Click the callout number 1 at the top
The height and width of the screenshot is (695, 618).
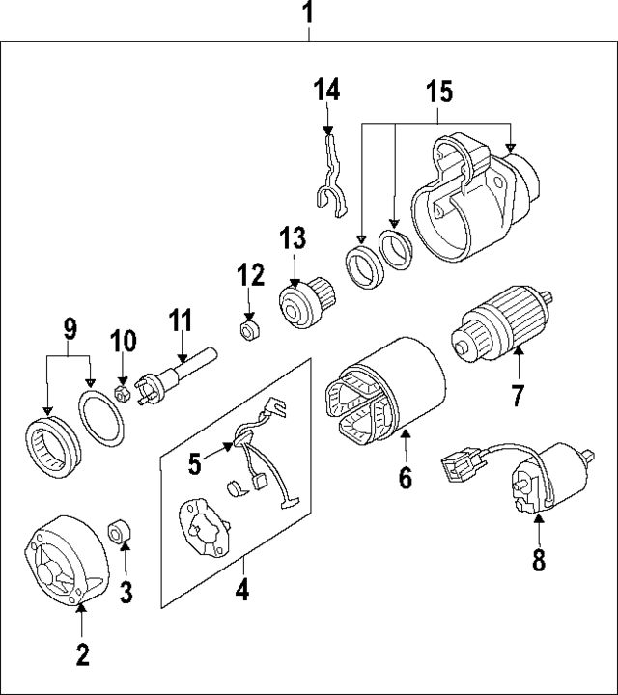(309, 14)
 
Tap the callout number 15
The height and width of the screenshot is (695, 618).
(439, 94)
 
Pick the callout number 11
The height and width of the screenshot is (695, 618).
(182, 321)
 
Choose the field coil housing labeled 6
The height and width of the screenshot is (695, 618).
(386, 396)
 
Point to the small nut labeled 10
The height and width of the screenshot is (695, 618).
(123, 394)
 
